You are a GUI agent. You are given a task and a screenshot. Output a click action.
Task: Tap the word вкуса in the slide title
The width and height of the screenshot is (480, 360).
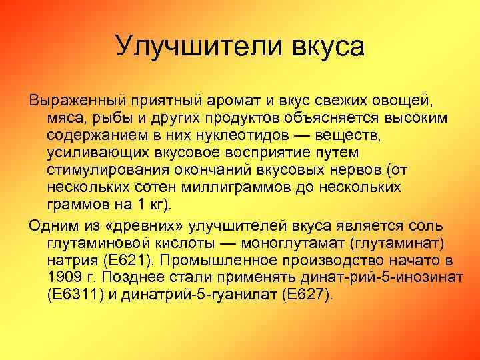click(329, 46)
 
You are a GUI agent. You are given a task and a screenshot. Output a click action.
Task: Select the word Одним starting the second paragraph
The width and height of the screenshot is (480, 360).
click(52, 225)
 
